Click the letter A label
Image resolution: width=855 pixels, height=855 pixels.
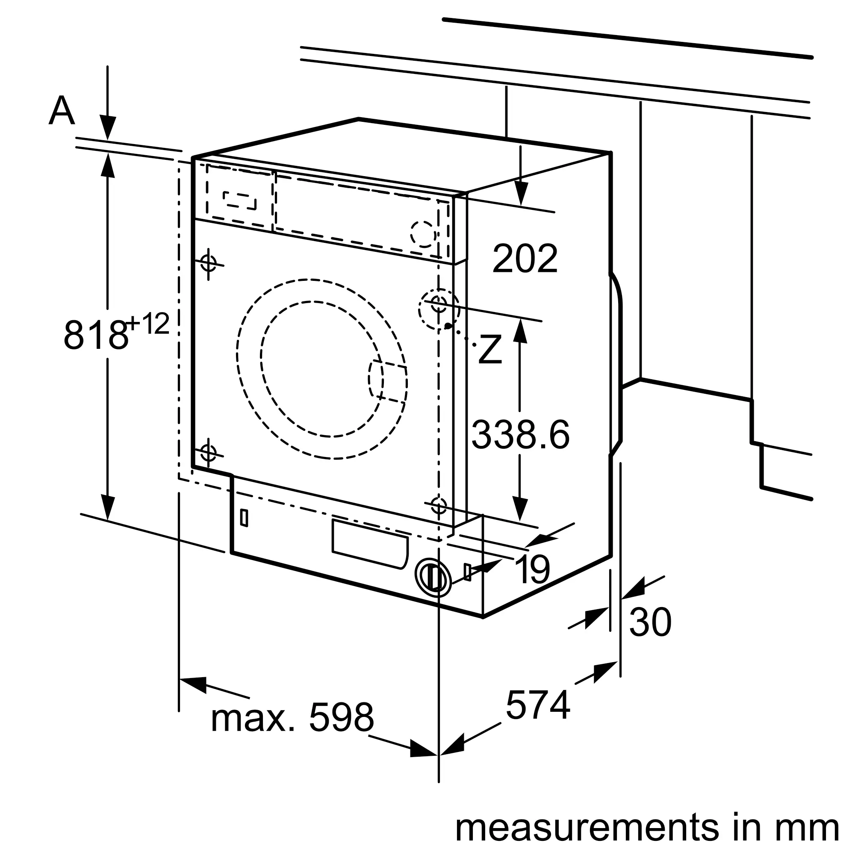pyautogui.click(x=62, y=112)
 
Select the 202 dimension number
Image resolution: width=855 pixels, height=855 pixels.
pyautogui.click(x=525, y=259)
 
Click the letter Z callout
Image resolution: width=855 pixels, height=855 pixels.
pyautogui.click(x=490, y=350)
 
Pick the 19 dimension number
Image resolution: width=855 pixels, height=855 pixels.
pyautogui.click(x=532, y=569)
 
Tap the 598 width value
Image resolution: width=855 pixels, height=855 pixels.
pyautogui.click(x=341, y=718)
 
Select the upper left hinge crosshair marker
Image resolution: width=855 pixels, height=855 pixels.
pyautogui.click(x=209, y=263)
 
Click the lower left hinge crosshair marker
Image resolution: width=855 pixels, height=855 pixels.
pyautogui.click(x=209, y=452)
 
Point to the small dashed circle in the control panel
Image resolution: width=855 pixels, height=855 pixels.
pyautogui.click(x=423, y=234)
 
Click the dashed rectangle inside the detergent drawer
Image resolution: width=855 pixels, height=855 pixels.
pyautogui.click(x=239, y=200)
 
